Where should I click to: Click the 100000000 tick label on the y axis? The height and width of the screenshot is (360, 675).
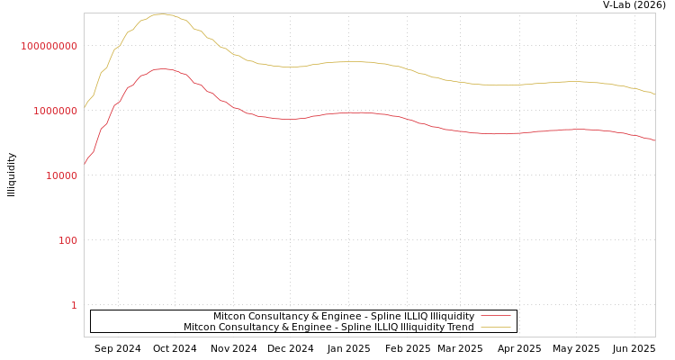point(49,46)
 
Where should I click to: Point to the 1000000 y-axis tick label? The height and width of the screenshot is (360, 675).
point(55,111)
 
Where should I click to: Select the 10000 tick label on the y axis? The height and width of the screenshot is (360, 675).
point(61,175)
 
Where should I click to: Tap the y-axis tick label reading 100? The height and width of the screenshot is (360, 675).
point(67,240)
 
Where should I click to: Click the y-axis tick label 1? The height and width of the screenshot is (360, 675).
point(74,305)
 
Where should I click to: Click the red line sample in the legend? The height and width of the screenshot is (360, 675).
point(495,317)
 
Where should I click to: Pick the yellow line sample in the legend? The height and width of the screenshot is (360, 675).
point(495,328)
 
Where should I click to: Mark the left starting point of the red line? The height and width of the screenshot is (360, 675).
point(85,164)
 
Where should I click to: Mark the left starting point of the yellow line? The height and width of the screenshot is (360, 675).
point(85,106)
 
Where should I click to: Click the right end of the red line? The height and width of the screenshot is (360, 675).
point(654,140)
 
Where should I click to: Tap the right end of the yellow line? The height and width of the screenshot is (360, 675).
point(654,94)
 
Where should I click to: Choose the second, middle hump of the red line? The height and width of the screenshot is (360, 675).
point(356,112)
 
